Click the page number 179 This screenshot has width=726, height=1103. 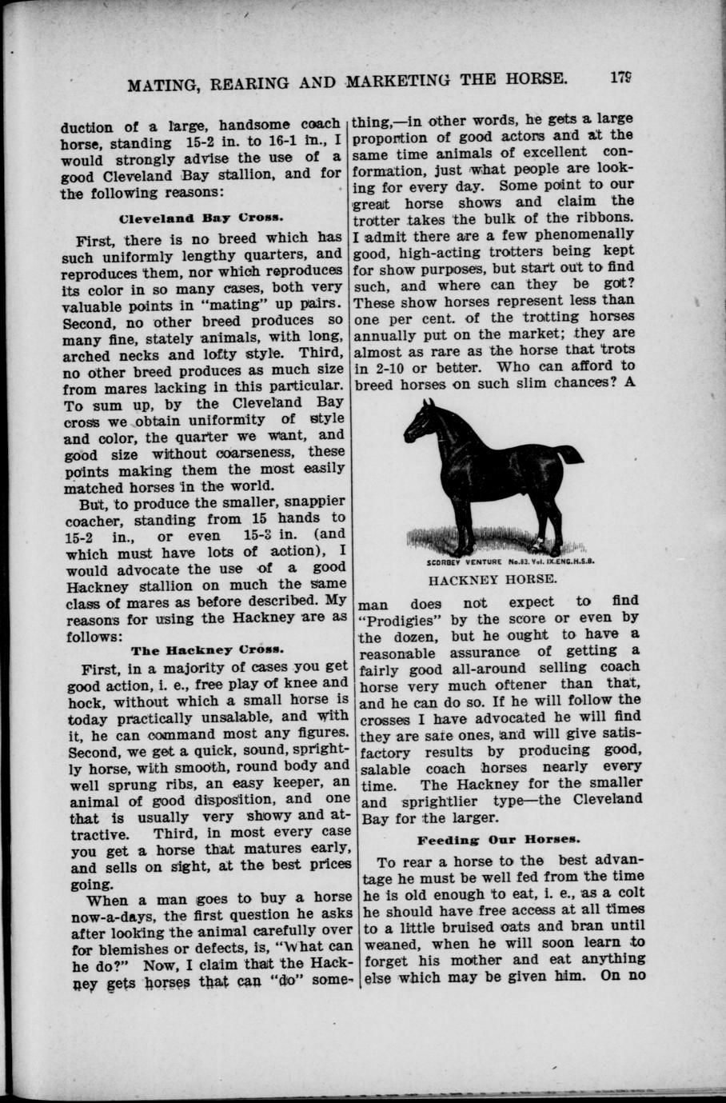[x=620, y=78]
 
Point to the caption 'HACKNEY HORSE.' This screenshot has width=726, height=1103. [x=492, y=577]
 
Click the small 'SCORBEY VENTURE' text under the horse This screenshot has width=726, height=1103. [x=459, y=561]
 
